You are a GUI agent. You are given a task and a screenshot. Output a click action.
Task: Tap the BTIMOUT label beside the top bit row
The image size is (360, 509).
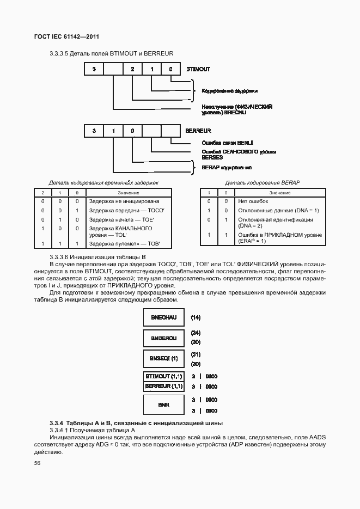[x=198, y=70]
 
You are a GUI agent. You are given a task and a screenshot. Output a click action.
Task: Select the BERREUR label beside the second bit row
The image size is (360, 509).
[x=198, y=131]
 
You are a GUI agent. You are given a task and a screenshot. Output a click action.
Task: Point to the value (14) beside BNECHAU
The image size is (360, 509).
[x=196, y=317]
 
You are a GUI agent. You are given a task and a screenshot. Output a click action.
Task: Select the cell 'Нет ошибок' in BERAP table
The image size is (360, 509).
[x=250, y=201]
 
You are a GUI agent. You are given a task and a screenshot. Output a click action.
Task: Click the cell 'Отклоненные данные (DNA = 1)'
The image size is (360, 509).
[x=278, y=210]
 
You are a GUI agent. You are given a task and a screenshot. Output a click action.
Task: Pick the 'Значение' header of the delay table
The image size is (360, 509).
[x=129, y=193]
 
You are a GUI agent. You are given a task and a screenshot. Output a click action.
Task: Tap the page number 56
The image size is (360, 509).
[x=38, y=463]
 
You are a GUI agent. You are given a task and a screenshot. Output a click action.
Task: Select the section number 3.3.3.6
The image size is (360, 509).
[x=62, y=256]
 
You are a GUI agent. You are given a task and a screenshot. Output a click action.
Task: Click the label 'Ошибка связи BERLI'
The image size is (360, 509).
[x=224, y=143]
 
